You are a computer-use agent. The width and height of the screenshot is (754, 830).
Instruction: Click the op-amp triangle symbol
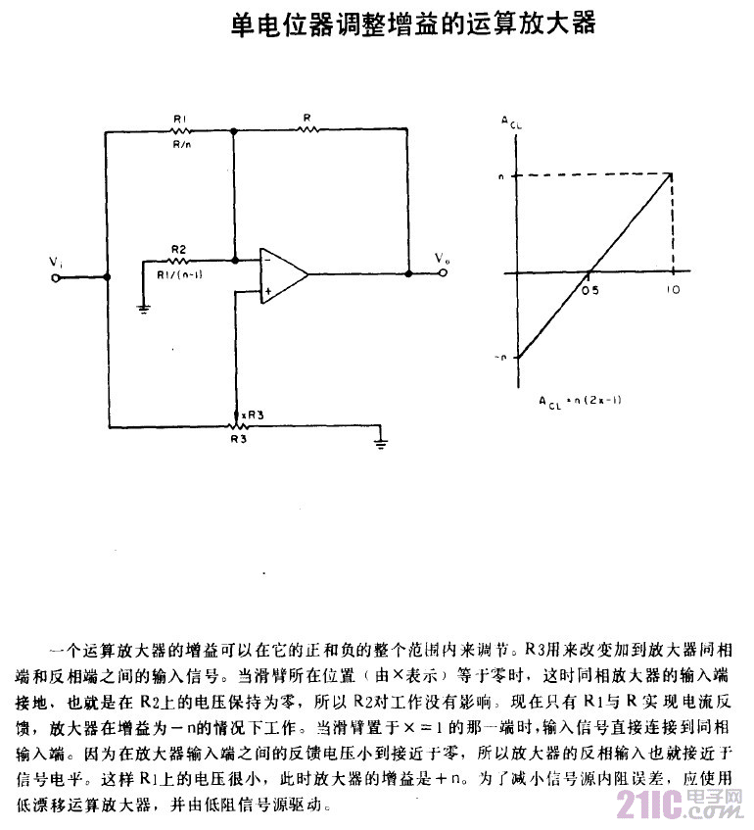[x=282, y=275]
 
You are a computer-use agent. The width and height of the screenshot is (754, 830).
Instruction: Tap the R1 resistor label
[x=180, y=120]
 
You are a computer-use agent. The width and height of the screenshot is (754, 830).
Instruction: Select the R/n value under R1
[x=182, y=144]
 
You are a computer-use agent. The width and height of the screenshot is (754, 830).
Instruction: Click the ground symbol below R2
[x=143, y=310]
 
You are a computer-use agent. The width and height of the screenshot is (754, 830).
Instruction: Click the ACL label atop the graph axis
[x=511, y=122]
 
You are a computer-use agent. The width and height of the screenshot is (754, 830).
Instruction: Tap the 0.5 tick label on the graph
[x=589, y=291]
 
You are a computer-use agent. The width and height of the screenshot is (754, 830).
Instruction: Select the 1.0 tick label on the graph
[x=672, y=291]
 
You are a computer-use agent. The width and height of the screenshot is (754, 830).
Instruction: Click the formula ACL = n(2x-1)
[x=581, y=402]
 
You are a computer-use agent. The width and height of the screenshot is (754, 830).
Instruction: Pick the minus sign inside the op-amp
[x=266, y=261]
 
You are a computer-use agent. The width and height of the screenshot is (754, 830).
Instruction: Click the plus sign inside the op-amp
[x=266, y=291]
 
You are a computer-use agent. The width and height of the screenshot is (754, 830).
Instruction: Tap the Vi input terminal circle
[x=56, y=276]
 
